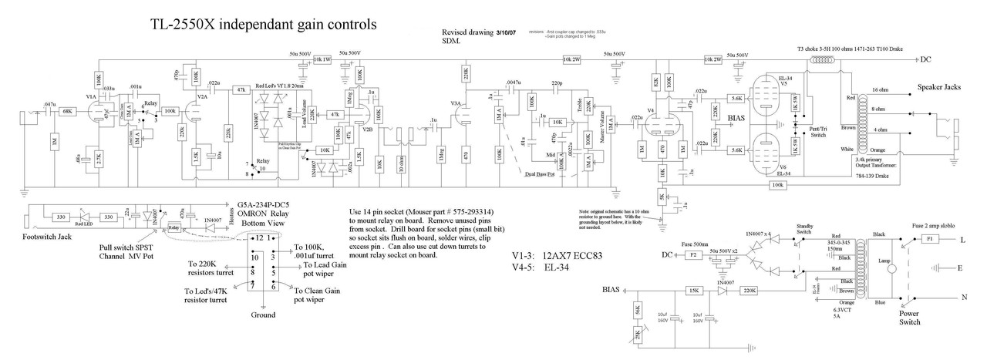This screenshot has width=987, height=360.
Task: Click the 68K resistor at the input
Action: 67,111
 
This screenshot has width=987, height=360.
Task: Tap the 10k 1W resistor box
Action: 322,59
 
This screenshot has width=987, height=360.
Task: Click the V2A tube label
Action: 202,98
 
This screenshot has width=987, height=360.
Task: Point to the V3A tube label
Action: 455,103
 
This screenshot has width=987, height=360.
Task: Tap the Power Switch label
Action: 904,318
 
